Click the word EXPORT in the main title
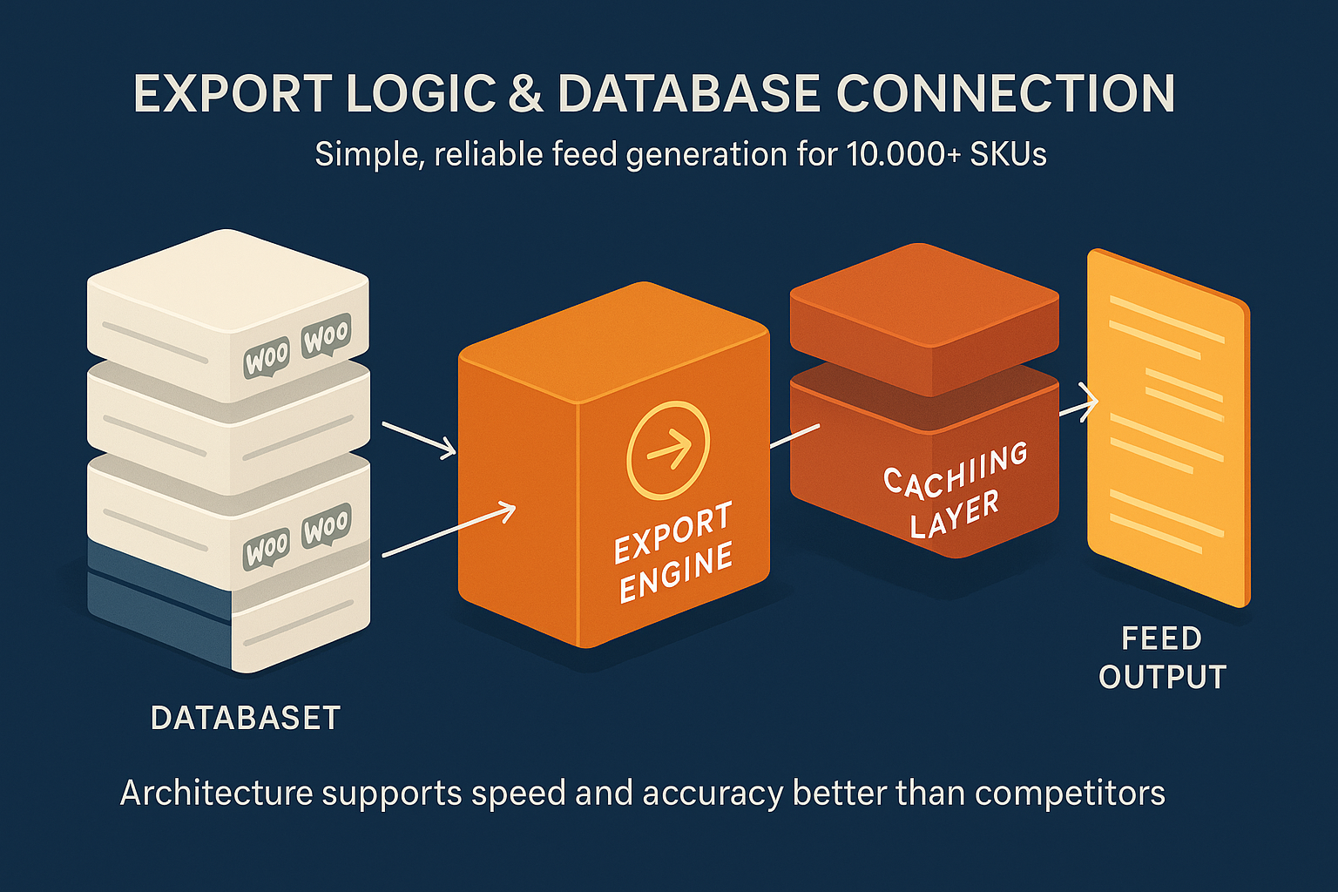tap(233, 94)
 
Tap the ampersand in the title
tap(525, 94)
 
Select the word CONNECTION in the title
tap(1005, 94)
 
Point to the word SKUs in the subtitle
tap(1008, 154)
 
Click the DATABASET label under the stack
tap(245, 718)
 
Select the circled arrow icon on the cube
tap(668, 449)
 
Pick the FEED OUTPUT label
tap(1162, 658)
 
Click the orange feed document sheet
tap(1167, 427)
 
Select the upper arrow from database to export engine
tap(419, 438)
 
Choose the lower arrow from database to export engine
tap(449, 530)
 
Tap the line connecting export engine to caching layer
tap(794, 436)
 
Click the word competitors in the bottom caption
tap(1070, 794)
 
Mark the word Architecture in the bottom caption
tap(216, 794)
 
